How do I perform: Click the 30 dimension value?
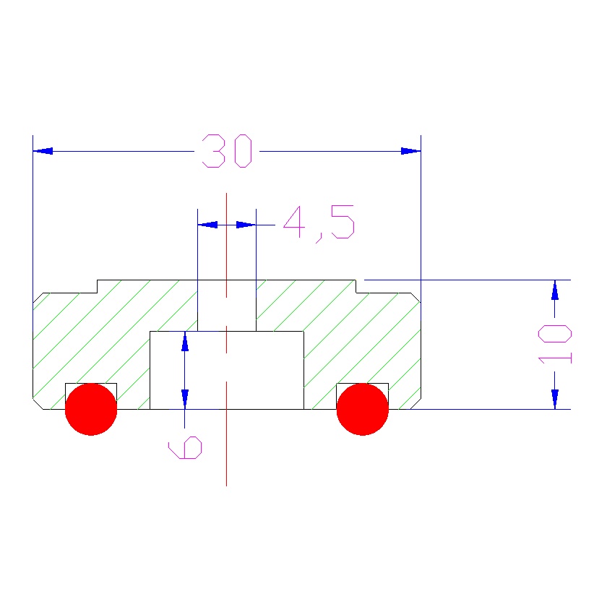(x=227, y=151)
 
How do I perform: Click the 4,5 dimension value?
(x=319, y=223)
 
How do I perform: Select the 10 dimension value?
(x=556, y=344)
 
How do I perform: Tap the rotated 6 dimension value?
(x=185, y=448)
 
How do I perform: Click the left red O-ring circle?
(x=91, y=409)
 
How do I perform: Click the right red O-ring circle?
(x=363, y=409)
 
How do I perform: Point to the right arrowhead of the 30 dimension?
(x=410, y=151)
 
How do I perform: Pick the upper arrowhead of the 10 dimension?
(x=554, y=289)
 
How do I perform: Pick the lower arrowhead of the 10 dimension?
(x=554, y=400)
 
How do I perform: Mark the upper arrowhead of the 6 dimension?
(x=185, y=341)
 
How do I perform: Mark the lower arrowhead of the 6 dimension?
(x=185, y=400)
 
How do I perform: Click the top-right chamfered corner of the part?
(x=416, y=297)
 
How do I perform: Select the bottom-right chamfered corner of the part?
(x=416, y=403)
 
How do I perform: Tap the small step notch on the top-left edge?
(x=98, y=286)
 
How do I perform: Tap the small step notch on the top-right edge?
(x=356, y=286)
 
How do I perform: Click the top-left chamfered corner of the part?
(x=38, y=297)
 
